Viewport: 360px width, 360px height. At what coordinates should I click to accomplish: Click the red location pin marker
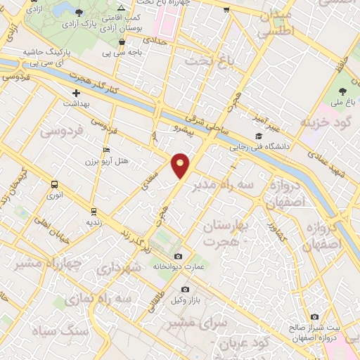tap(181, 165)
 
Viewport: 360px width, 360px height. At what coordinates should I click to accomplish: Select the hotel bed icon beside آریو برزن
tap(106, 150)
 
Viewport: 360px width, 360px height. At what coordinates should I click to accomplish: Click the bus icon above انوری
tap(54, 184)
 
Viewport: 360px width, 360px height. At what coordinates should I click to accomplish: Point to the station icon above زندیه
tap(94, 211)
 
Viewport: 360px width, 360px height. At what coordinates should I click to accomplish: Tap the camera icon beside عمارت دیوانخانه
tap(178, 256)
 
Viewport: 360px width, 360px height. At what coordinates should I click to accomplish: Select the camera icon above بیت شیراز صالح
tap(314, 317)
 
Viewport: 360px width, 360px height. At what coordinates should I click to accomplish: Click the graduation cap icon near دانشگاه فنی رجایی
tap(259, 136)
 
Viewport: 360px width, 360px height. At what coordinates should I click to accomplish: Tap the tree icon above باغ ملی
tap(342, 91)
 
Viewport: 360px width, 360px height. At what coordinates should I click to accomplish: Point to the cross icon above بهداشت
tap(76, 93)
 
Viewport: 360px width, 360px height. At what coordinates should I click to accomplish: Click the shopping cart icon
tap(226, 10)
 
